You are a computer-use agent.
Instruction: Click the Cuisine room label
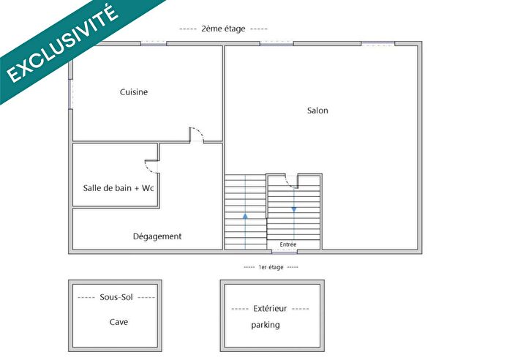point(134,92)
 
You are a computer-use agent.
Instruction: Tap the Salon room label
point(317,110)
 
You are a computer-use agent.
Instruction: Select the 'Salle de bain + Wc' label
point(118,188)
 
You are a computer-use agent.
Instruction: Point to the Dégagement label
point(157,236)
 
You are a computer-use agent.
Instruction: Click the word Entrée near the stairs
point(288,244)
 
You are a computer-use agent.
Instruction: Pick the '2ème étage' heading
point(223,29)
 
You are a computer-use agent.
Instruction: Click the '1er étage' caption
point(271,267)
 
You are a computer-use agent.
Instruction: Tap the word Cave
point(118,322)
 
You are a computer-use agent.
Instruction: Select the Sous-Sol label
point(116,298)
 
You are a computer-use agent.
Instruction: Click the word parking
point(266,325)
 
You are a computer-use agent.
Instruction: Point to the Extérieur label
point(270,309)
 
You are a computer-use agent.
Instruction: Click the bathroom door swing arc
point(152,166)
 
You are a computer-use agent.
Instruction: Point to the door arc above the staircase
point(290,181)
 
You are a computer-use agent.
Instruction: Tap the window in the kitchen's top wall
point(154,44)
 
